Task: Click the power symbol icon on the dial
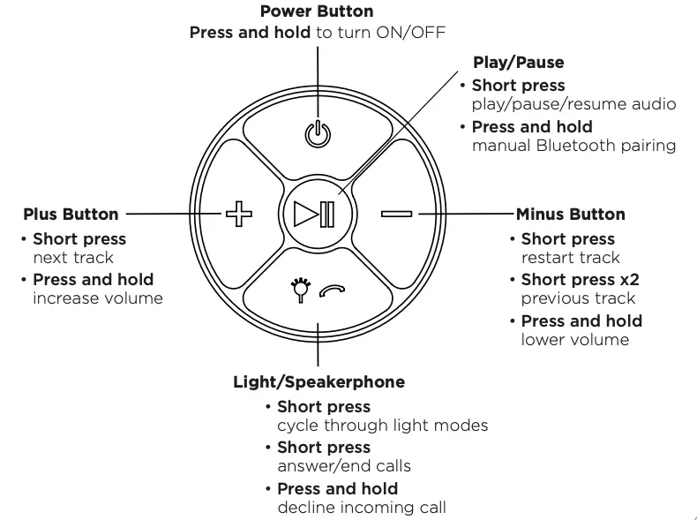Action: [317, 133]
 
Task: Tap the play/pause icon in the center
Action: [316, 215]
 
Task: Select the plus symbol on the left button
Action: [238, 214]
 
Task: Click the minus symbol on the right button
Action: [396, 214]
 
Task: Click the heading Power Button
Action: [317, 11]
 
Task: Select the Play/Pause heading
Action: [518, 62]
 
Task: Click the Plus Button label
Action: [71, 214]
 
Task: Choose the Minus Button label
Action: [570, 214]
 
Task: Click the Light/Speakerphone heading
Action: [319, 381]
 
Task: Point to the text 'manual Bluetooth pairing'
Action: [573, 145]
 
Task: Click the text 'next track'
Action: [73, 258]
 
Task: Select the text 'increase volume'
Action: [98, 298]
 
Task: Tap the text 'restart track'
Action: [570, 258]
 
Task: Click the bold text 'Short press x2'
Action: [580, 280]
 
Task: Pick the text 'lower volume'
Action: [574, 339]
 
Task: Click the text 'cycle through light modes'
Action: [382, 426]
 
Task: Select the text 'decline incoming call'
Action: [361, 507]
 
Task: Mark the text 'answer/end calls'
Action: [344, 466]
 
